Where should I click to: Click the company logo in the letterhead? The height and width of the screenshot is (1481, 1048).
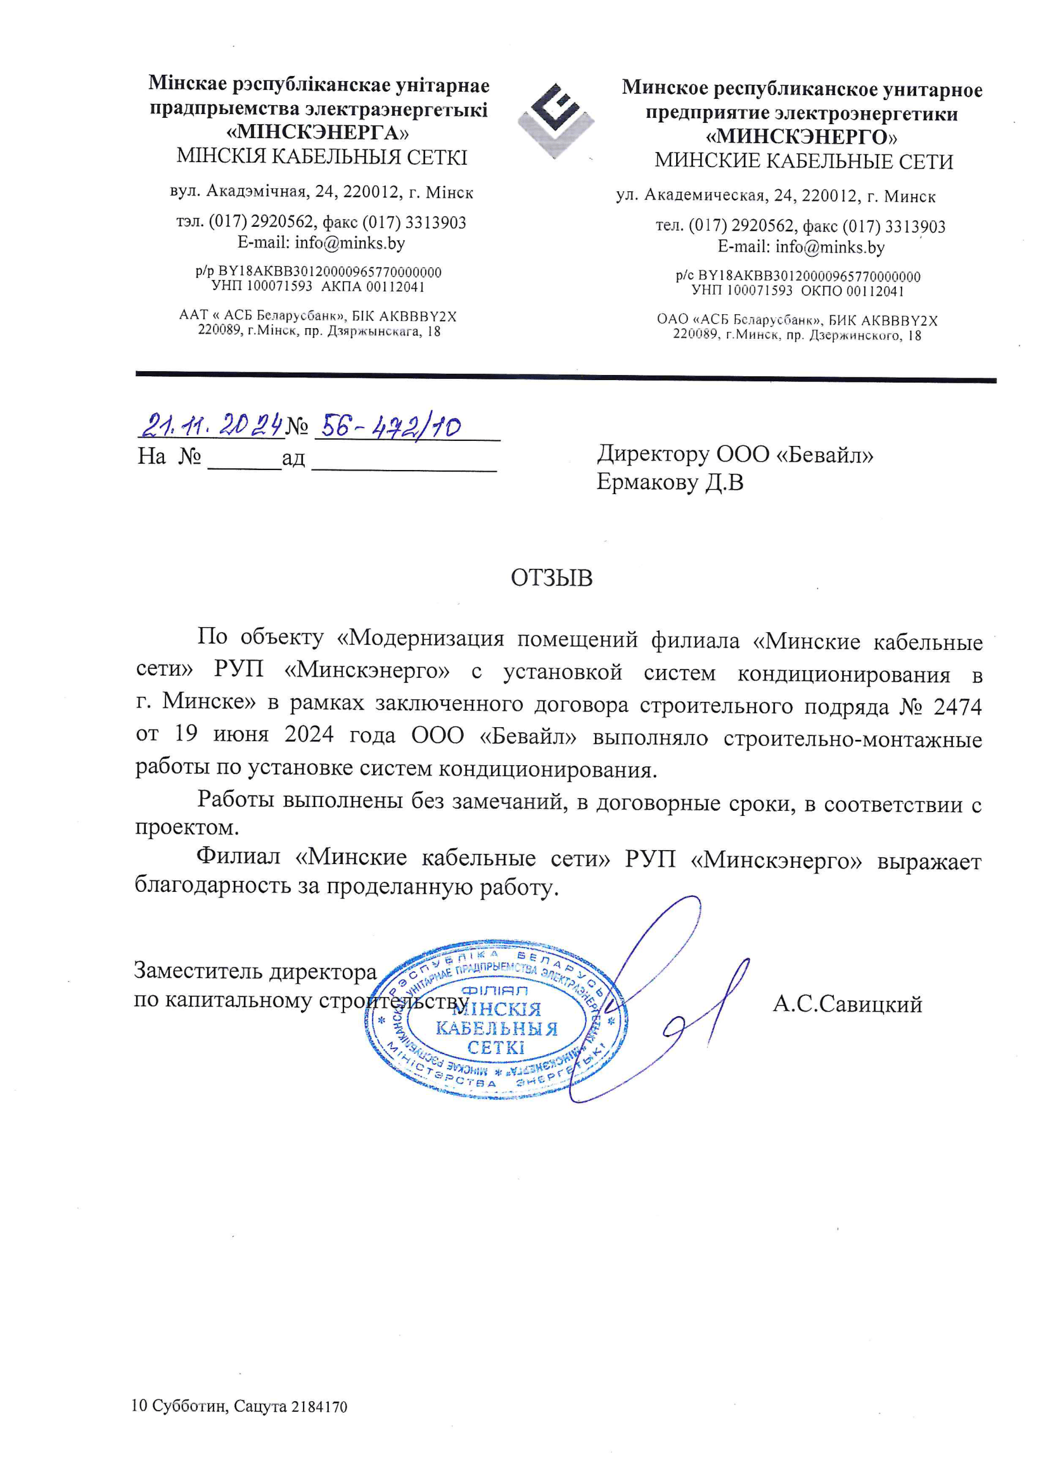pos(555,120)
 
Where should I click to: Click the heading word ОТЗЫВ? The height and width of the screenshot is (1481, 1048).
pos(551,578)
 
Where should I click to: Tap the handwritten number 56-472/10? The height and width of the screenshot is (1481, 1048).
pos(390,426)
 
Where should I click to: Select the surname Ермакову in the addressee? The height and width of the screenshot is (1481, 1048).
pos(648,482)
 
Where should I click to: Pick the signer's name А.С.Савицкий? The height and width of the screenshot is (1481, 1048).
pos(847,1004)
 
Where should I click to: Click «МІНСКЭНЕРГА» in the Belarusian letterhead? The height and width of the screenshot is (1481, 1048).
pos(318,133)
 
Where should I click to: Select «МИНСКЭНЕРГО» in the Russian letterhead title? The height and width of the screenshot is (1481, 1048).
pos(802,137)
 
